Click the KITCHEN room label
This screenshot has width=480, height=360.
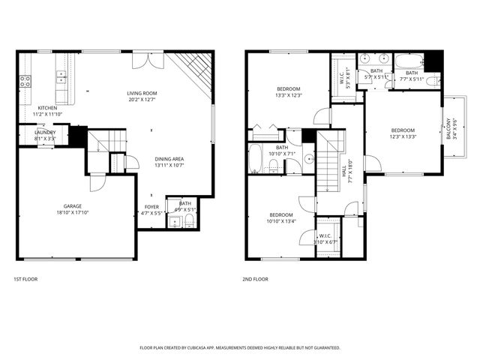coord(47,108)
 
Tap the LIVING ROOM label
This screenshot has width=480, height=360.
coord(142,93)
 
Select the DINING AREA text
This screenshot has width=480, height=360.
coord(169,159)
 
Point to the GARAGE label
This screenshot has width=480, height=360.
coord(73,205)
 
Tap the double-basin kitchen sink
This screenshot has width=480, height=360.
coord(60,75)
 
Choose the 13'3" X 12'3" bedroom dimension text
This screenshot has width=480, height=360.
coord(288,95)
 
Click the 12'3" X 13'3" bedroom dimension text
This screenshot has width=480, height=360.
coord(402,136)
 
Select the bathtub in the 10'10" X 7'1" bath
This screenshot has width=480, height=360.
coord(255,159)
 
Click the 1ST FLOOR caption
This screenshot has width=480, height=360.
coord(25,279)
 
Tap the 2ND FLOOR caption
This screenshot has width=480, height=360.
coord(255,279)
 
